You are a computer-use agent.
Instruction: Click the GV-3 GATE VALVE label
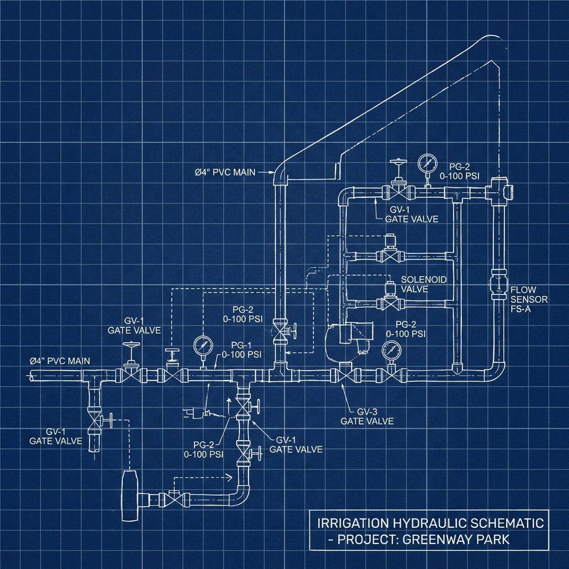pos(367,416)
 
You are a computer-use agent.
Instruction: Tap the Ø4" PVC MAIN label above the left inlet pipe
pos(59,361)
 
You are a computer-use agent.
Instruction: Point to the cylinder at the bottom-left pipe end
pos(130,495)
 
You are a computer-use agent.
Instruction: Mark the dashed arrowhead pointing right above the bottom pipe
pos(227,476)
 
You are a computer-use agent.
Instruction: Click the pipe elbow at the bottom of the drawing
pos(241,492)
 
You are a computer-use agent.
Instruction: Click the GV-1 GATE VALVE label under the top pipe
pos(411,214)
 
